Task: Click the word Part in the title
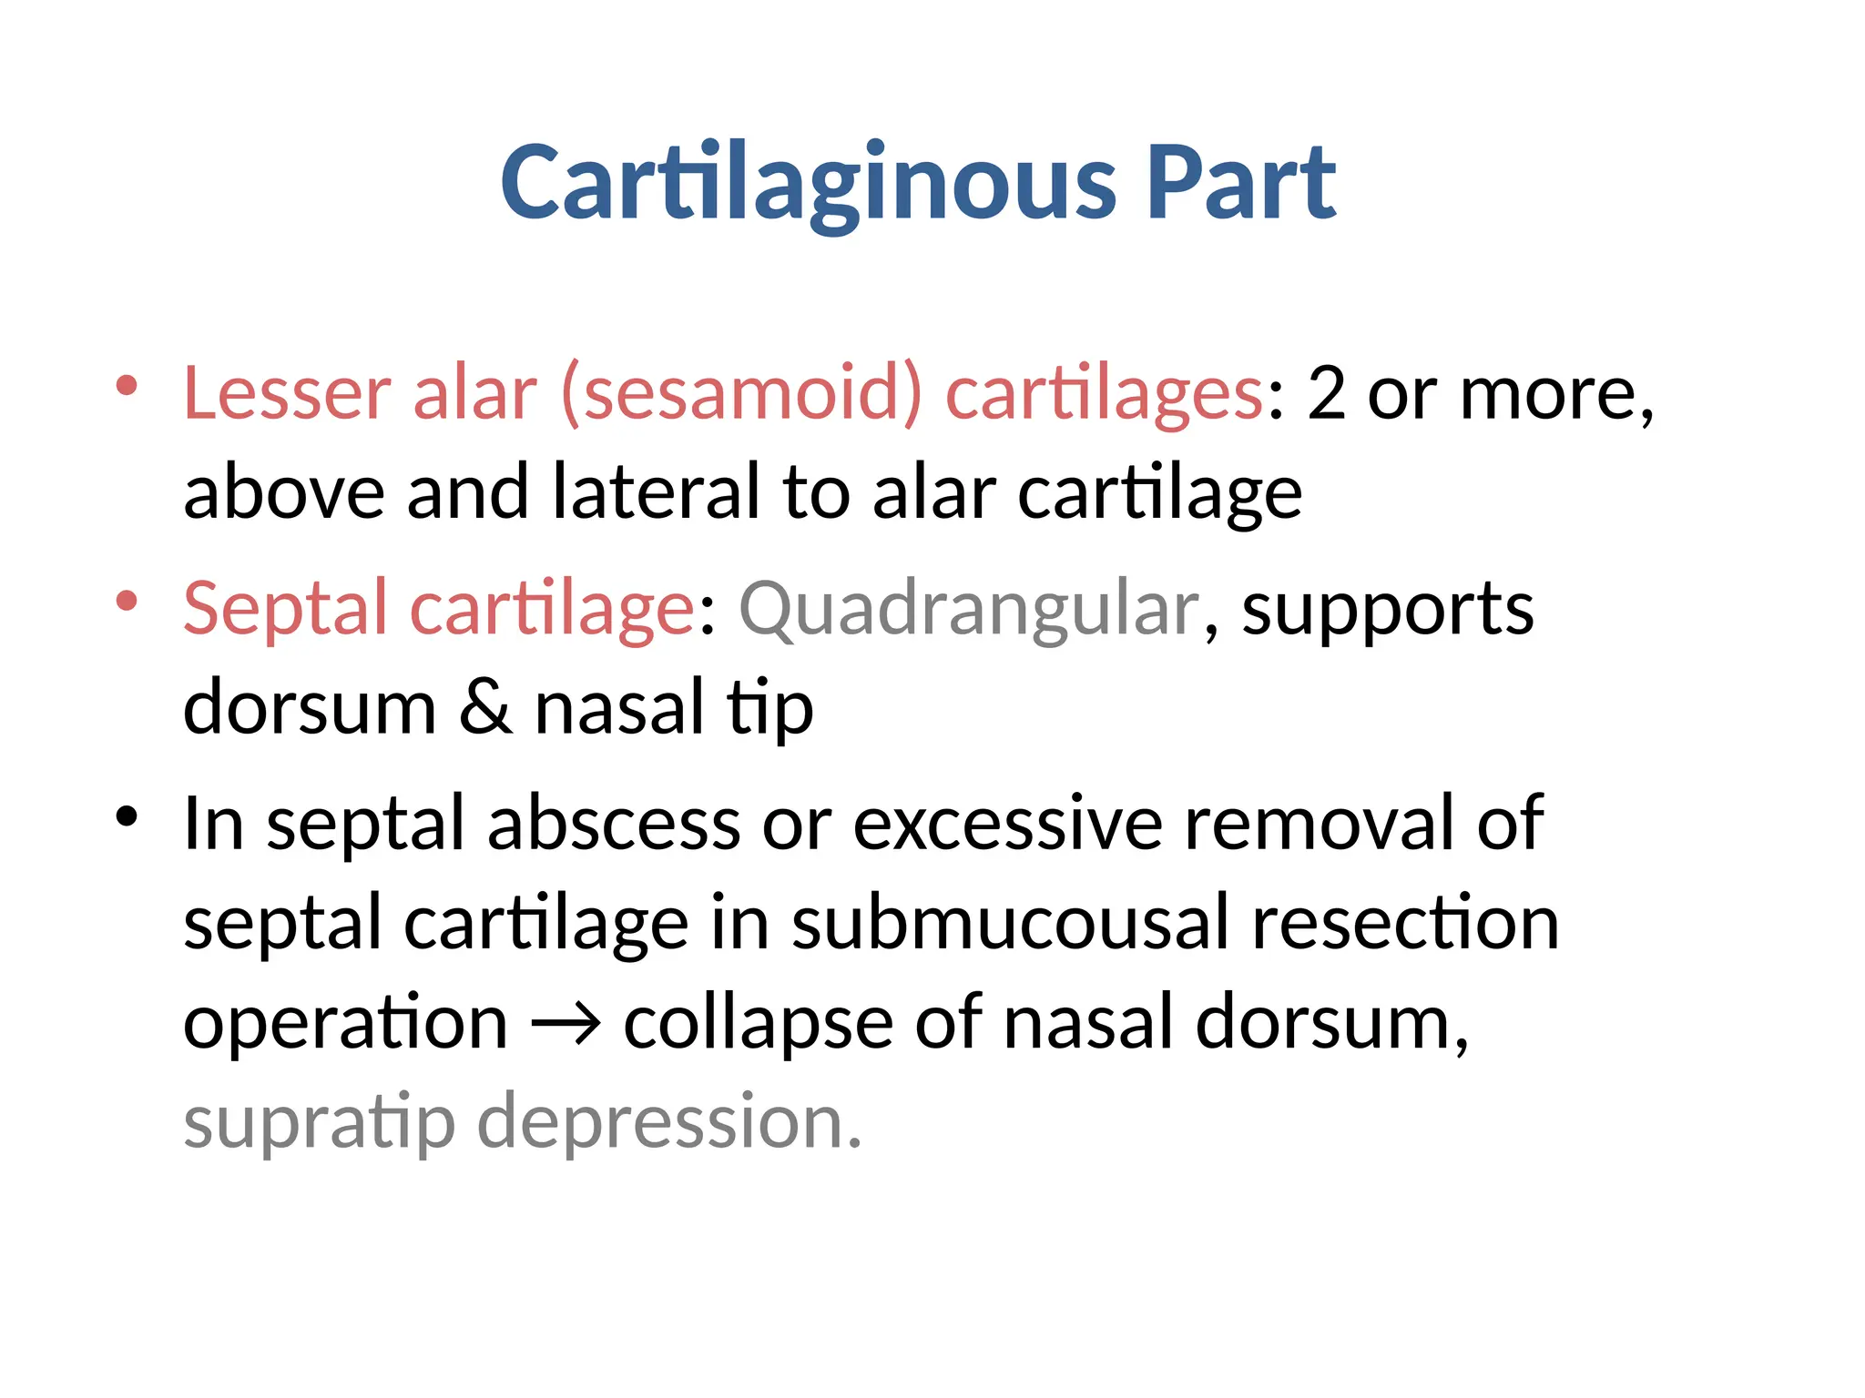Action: click(1240, 184)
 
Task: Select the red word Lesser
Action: click(287, 393)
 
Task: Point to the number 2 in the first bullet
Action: click(1326, 393)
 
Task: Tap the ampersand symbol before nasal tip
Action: click(484, 707)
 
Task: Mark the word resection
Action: click(1405, 924)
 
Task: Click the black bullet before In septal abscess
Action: click(127, 815)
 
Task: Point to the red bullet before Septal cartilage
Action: click(127, 601)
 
